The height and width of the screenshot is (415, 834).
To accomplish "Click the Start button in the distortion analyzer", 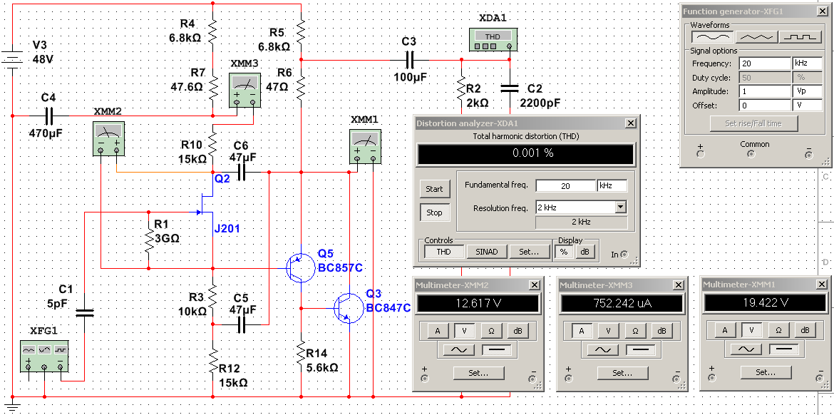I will [x=434, y=189].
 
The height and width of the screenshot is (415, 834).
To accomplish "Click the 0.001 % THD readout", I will [x=525, y=154].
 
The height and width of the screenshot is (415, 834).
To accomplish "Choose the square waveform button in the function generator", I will [x=799, y=36].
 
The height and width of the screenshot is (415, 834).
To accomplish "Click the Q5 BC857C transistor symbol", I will [x=299, y=267].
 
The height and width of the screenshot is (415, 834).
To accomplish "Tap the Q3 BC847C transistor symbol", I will [x=348, y=307].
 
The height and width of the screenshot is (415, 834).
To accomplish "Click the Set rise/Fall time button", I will [x=753, y=123].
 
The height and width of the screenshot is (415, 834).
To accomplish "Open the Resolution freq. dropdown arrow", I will [x=620, y=207].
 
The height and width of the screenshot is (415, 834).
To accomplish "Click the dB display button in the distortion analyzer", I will [x=585, y=251].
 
